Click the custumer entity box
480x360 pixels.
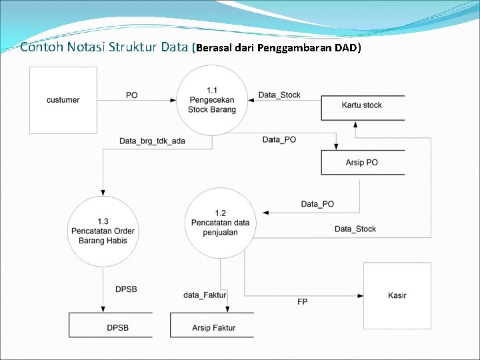coord(63,100)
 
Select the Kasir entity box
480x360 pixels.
coord(397,295)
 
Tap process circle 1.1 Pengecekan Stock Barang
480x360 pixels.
coord(212,100)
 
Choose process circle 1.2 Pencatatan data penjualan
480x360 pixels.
coord(220,223)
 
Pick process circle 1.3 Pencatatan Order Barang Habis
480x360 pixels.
coord(103,231)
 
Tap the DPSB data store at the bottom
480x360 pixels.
coord(117,327)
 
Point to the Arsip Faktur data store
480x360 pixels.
coord(213,327)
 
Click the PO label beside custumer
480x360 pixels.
coord(132,95)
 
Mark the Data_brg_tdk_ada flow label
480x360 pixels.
coord(152,141)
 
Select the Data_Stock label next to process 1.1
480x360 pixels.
coord(279,95)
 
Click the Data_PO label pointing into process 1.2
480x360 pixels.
coord(317,203)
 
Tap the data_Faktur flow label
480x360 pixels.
coord(205,295)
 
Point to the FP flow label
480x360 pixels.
coord(303,302)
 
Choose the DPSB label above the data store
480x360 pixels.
coord(126,289)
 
